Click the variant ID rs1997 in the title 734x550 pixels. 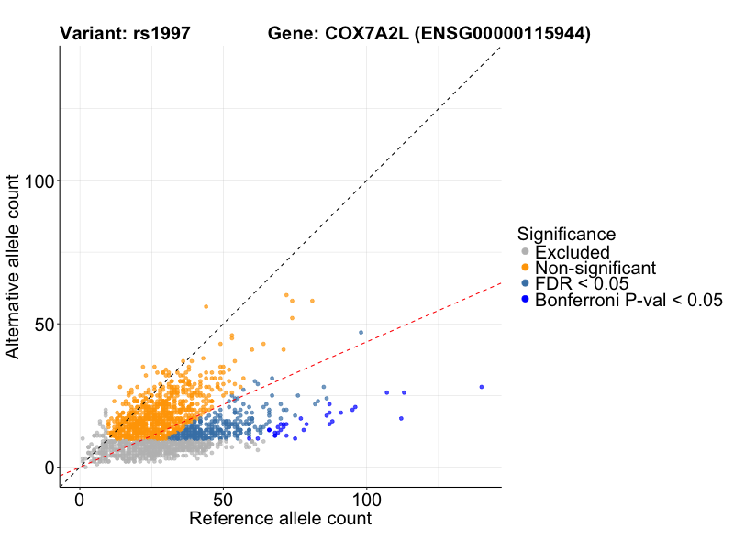point(161,34)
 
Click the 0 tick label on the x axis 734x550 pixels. point(80,500)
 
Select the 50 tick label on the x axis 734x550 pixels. point(223,500)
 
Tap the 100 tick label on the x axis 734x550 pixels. point(367,500)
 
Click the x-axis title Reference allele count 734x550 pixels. point(280,519)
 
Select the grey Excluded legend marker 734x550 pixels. point(525,252)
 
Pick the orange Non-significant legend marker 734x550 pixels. point(525,268)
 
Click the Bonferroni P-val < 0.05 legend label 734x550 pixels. point(629,300)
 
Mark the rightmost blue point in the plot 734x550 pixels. point(481,387)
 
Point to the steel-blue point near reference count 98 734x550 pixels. point(361,332)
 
